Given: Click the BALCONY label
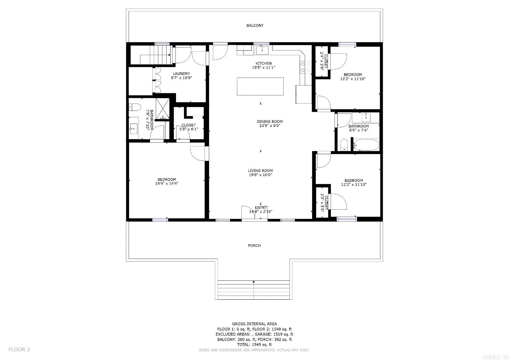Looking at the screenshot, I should tap(255, 25).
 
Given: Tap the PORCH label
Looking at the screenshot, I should tap(254, 245).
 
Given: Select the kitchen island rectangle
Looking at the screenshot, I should tap(260, 86).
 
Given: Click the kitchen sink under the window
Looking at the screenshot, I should tap(262, 50).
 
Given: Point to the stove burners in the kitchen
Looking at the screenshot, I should tap(305, 67).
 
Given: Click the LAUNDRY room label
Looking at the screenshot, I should tap(181, 74).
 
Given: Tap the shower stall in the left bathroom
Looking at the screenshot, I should tap(162, 109).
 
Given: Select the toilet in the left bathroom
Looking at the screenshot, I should tap(135, 107).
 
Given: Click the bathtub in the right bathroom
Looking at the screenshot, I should tap(366, 145).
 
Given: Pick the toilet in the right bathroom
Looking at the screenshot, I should tap(344, 145).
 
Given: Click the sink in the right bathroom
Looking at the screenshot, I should tap(366, 117).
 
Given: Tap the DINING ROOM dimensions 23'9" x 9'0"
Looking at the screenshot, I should tap(270, 126).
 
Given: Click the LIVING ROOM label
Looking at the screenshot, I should tap(260, 171).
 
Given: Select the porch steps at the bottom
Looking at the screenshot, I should tap(253, 290).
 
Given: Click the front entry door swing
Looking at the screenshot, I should tap(248, 212).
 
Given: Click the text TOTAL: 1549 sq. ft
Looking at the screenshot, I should tap(254, 345).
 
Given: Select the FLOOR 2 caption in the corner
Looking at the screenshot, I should tap(19, 349).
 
